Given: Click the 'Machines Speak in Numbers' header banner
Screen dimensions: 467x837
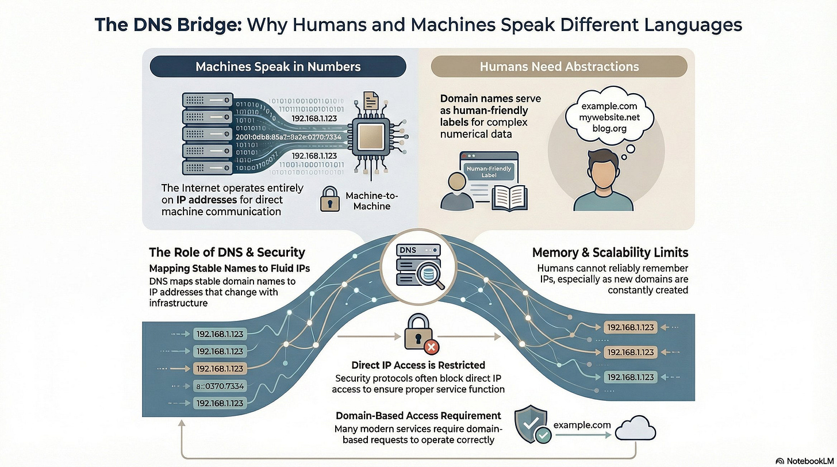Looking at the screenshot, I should (278, 66).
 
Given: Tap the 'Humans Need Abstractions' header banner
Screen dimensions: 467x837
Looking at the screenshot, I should (559, 66).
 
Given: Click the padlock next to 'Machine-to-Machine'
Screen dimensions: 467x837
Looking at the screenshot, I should (329, 198).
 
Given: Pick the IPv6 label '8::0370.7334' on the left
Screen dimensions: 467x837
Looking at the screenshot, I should (220, 386).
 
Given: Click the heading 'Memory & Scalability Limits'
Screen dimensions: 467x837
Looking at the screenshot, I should (610, 252).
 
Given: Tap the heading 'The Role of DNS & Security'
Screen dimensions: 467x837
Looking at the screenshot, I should (226, 252).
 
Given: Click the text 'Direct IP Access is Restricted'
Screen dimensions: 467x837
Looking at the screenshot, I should (418, 365).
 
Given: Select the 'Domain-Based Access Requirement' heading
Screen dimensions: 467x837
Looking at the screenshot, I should (418, 415).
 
